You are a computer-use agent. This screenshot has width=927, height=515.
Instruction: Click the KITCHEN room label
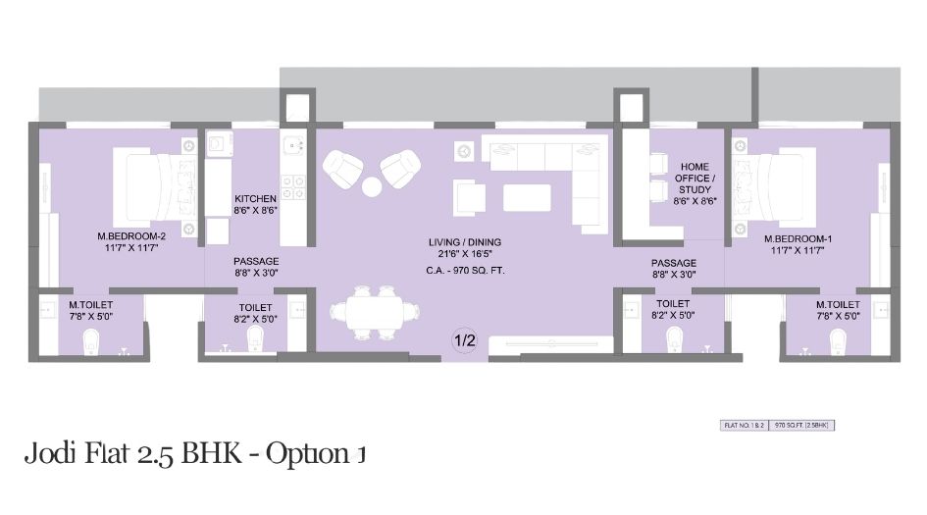coord(255,199)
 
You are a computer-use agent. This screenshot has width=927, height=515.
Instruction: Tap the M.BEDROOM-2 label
coord(128,236)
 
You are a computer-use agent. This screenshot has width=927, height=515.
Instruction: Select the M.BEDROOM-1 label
coord(800,236)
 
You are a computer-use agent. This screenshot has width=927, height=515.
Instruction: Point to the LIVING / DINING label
coord(464,241)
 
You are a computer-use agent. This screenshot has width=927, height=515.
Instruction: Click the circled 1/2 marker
coord(464,340)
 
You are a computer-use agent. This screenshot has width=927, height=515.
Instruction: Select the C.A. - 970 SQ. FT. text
coord(464,270)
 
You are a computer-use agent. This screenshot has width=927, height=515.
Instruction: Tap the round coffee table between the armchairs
coord(372,186)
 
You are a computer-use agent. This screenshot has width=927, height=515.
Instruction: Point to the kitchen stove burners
coord(291,181)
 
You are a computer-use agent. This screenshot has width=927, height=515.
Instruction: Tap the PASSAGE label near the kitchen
coord(255,262)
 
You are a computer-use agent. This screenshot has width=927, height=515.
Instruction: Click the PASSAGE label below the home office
coord(674,263)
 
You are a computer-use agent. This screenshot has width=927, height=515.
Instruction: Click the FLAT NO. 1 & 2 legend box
coord(745,425)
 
